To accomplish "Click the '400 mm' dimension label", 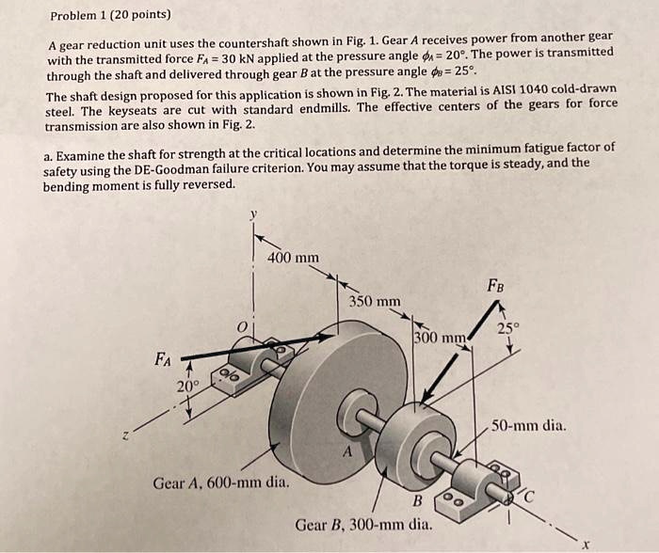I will tap(293, 258).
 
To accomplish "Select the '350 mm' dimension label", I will tap(374, 301).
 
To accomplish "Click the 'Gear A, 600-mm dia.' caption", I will tap(221, 484).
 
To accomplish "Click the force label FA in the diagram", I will tap(164, 358).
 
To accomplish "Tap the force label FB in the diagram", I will tap(495, 283).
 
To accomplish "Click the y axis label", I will tap(251, 214).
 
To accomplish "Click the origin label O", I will tap(241, 325).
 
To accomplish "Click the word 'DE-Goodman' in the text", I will tap(244, 167).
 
